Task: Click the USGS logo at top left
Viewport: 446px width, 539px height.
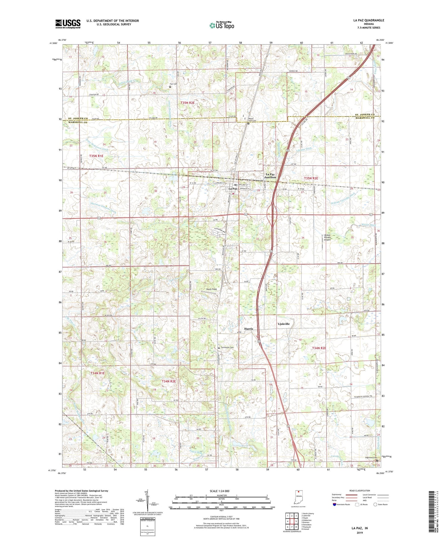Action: click(68, 24)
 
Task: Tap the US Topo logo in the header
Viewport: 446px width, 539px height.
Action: click(222, 25)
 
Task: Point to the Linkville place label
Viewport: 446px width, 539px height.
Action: click(284, 324)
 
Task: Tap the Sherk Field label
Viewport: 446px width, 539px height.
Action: click(211, 289)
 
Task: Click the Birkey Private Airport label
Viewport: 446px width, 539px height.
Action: click(327, 238)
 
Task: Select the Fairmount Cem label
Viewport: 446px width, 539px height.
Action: click(227, 347)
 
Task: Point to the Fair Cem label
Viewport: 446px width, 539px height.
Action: click(173, 84)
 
